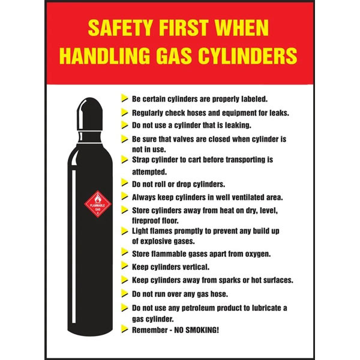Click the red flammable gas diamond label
pyautogui.click(x=98, y=204)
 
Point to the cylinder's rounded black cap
pyautogui.click(x=90, y=114)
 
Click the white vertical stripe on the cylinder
pyautogui.click(x=74, y=247)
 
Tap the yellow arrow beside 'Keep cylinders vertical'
pyautogui.click(x=124, y=266)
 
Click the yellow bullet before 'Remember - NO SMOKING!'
pyautogui.click(x=124, y=329)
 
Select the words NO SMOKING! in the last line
pyautogui.click(x=197, y=330)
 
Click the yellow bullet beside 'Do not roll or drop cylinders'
pyautogui.click(x=124, y=183)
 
